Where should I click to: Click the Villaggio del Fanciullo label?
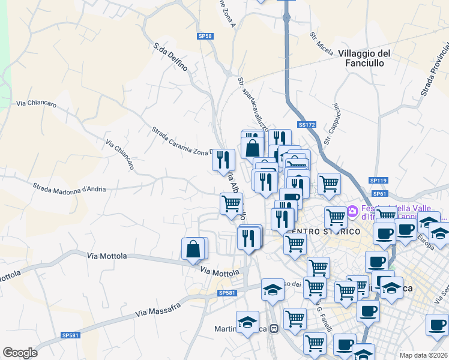364,58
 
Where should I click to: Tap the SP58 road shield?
205,37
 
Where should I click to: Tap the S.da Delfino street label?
171,57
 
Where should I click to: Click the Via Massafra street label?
158,310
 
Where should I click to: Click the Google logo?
20,352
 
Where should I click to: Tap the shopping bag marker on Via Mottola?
193,249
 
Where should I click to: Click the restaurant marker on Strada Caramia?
223,160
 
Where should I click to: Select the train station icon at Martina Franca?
274,328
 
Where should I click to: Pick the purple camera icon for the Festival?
352,211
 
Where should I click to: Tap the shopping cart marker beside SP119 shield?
329,184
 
